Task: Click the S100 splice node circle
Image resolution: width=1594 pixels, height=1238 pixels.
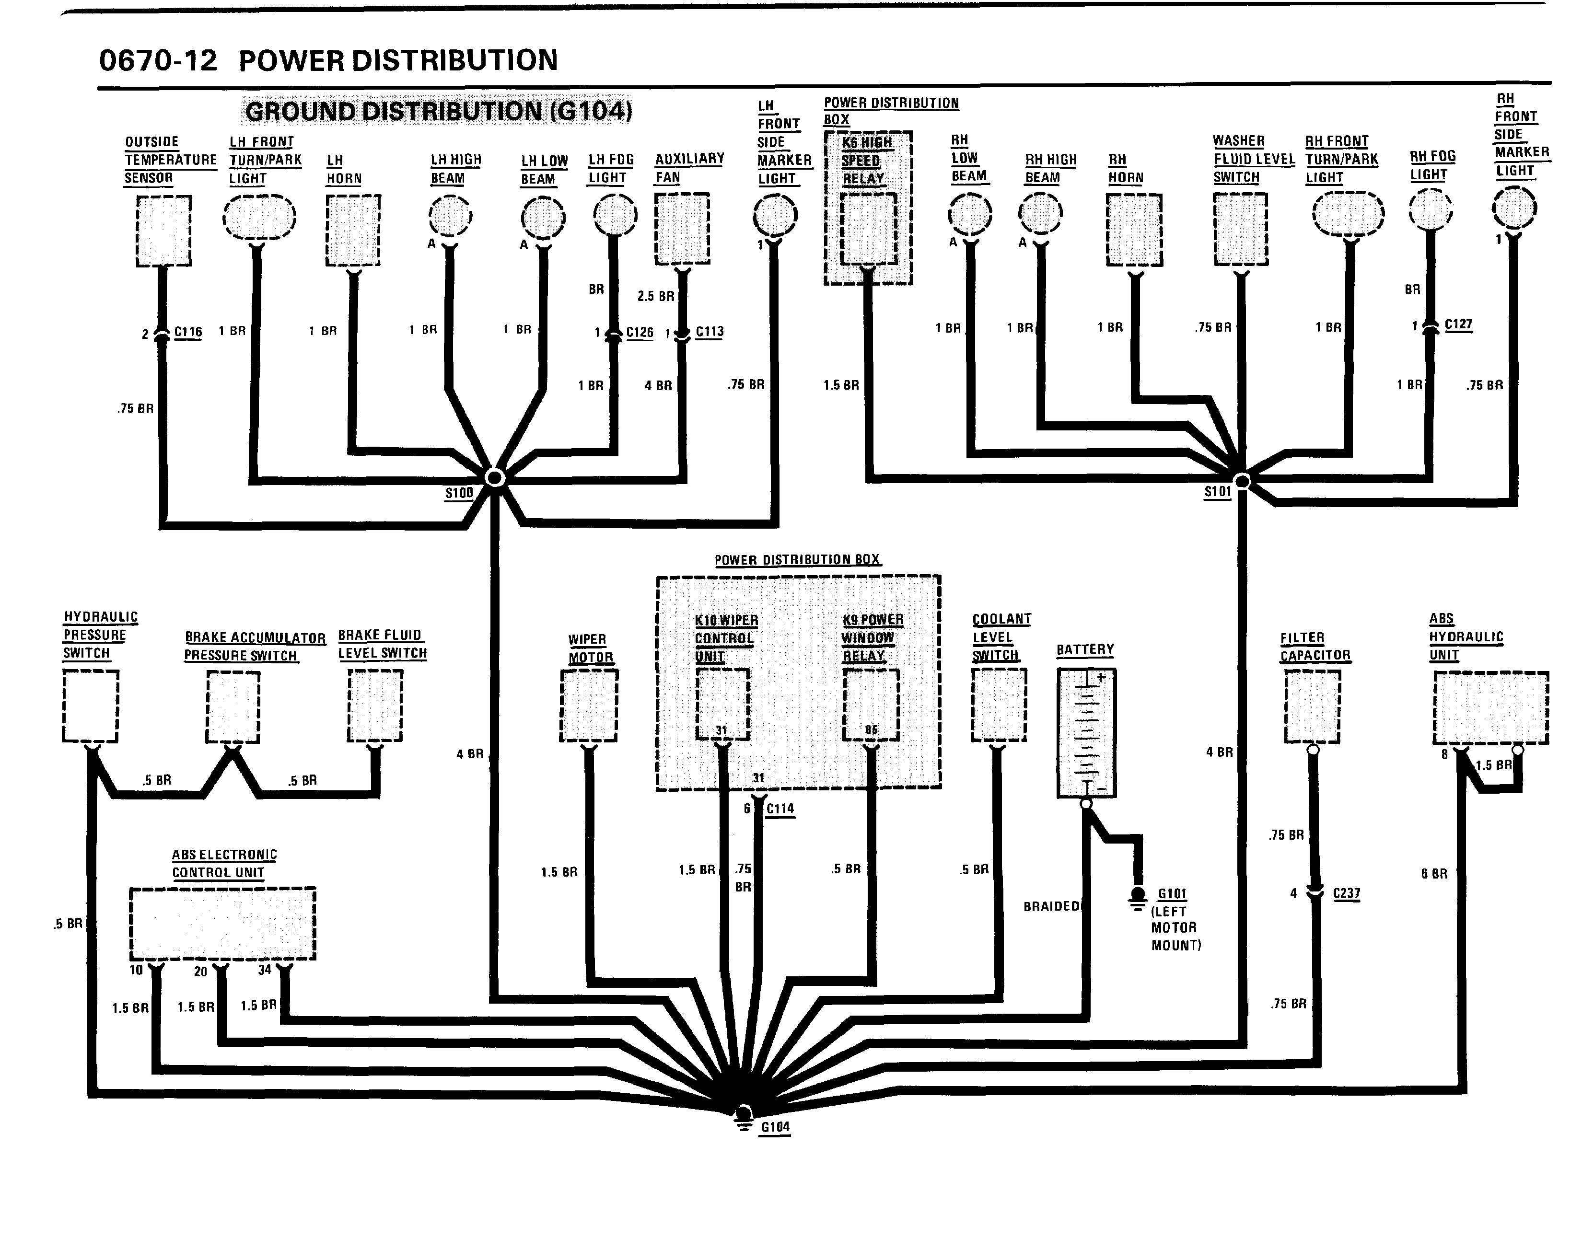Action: [x=495, y=478]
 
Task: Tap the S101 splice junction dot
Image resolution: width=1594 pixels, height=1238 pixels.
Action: [x=1242, y=481]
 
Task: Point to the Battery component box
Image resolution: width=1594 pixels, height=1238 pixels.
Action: [x=1086, y=732]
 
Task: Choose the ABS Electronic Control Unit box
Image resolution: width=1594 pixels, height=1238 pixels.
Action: [x=222, y=924]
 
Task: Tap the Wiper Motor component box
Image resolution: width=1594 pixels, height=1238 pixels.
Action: [x=589, y=706]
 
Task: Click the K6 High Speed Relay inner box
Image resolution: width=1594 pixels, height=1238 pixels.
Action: [x=869, y=228]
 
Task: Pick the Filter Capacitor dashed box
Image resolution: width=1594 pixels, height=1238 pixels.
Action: [x=1312, y=706]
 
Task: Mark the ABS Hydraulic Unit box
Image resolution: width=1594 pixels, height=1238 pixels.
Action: [x=1490, y=707]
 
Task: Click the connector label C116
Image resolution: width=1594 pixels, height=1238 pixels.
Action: [x=188, y=332]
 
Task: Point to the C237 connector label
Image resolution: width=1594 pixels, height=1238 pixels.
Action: [x=1347, y=894]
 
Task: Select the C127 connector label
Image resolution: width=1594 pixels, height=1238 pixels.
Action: [x=1458, y=324]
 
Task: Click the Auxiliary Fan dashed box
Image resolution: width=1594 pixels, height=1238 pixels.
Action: [x=682, y=228]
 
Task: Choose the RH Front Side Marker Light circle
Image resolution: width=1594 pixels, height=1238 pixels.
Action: [x=1514, y=208]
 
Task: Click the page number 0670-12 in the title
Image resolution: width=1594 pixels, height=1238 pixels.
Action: [x=158, y=60]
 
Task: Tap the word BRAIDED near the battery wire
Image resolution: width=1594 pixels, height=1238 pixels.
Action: [x=1051, y=906]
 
